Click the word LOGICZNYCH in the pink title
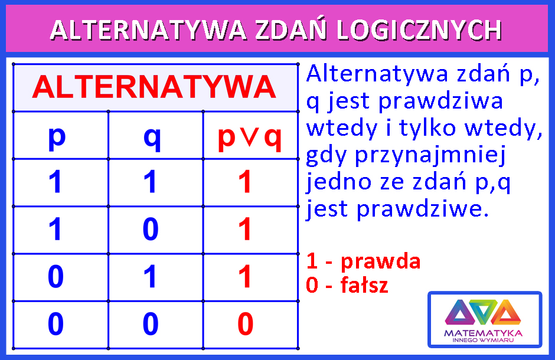419,30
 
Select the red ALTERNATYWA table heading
154,87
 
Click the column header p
57,138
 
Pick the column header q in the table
152,138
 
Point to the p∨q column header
250,138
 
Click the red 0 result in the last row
245,323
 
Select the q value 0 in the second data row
151,229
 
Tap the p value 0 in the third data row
56,276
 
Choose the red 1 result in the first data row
244,181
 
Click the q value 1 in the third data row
150,276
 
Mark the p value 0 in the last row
56,323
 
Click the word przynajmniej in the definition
430,156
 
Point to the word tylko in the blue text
427,128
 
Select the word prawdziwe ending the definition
423,209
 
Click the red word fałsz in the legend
364,284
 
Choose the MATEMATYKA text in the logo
483,333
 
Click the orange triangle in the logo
506,312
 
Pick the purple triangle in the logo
460,312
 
